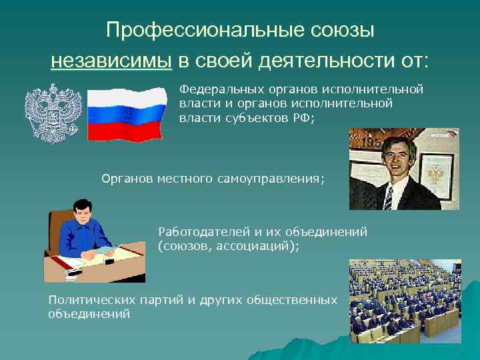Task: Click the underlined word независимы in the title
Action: pyautogui.click(x=111, y=61)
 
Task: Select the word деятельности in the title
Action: pyautogui.click(x=324, y=61)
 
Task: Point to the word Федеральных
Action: pyautogui.click(x=215, y=89)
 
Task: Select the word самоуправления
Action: pyautogui.click(x=279, y=179)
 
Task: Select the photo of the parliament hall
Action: pyautogui.click(x=405, y=301)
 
